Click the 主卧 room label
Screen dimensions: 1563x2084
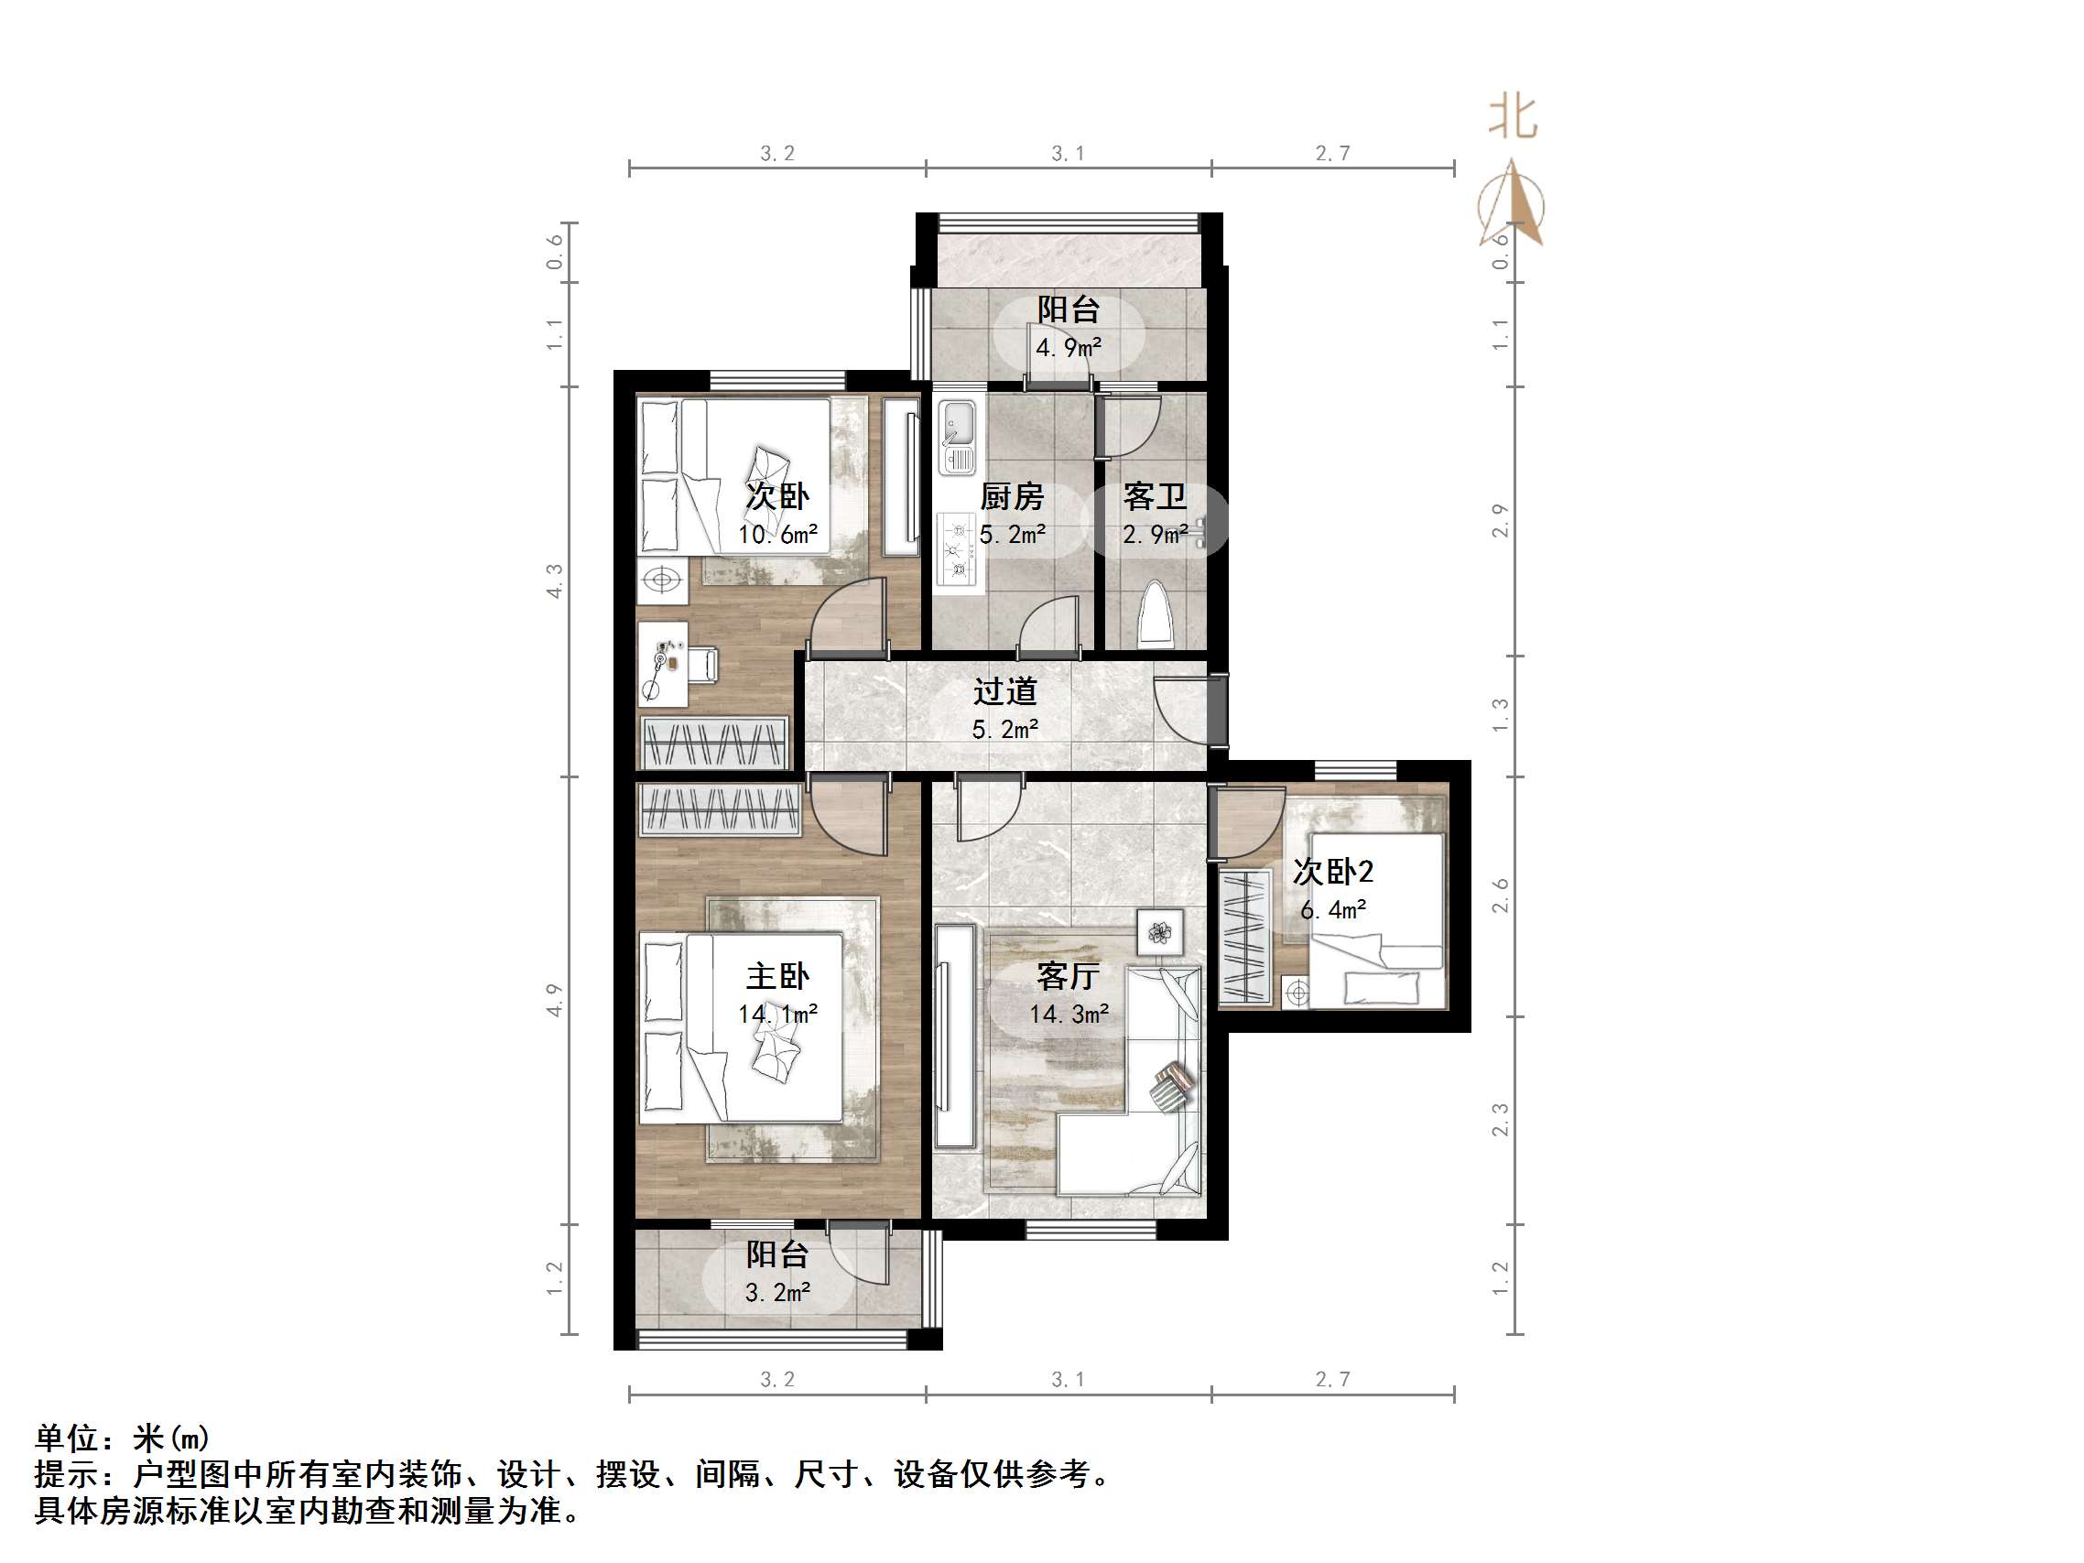(777, 976)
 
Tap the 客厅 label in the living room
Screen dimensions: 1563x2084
(1068, 976)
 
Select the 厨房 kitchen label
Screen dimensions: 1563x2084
(1012, 496)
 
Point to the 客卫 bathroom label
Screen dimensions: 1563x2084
(1154, 496)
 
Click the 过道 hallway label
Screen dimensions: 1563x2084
(1005, 691)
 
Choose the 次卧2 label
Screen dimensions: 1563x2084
(1332, 872)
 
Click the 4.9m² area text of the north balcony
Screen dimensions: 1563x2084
(1069, 348)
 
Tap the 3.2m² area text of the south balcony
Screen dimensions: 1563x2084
(777, 1293)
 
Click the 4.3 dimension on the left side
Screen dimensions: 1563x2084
(555, 581)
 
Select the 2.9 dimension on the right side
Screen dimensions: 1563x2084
(1500, 521)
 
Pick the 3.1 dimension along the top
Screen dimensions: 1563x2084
(1068, 154)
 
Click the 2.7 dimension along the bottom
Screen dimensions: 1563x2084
(1332, 1379)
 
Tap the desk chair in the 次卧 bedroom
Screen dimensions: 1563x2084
(702, 663)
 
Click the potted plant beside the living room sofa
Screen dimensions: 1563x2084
(1160, 933)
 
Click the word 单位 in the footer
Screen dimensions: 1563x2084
(67, 1438)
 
